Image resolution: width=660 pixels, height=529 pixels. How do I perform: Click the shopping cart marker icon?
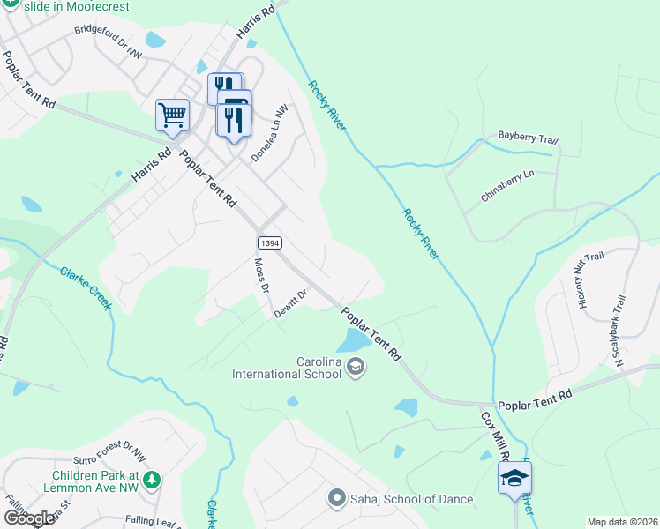tap(172, 115)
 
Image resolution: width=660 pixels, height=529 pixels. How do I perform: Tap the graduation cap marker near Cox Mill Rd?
tap(514, 479)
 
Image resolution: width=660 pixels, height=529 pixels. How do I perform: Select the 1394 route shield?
tap(270, 242)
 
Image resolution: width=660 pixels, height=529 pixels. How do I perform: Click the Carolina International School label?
tap(286, 368)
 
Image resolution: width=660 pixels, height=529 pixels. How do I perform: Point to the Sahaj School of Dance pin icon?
tap(336, 499)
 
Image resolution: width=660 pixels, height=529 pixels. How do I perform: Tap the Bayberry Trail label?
tap(528, 138)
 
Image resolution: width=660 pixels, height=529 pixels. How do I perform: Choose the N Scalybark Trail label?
tap(619, 328)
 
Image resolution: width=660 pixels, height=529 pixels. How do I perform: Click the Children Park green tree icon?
tap(153, 480)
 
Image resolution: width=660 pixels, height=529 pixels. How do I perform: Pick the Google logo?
tap(29, 518)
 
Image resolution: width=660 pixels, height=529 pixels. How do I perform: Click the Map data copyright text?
tap(623, 522)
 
